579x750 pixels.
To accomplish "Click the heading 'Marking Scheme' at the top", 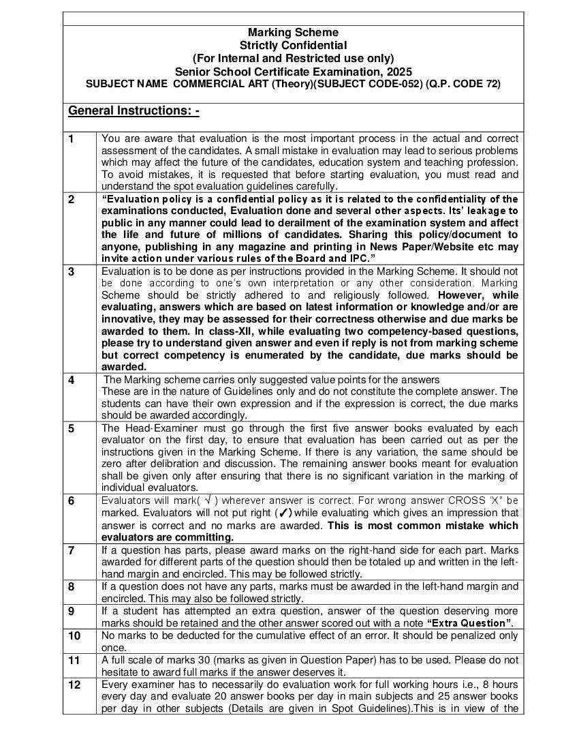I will (293, 33).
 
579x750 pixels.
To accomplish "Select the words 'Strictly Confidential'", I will (293, 46).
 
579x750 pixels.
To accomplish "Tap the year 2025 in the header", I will (399, 72).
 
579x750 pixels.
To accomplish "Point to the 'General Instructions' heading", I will (134, 110).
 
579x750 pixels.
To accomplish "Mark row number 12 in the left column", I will (73, 685).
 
